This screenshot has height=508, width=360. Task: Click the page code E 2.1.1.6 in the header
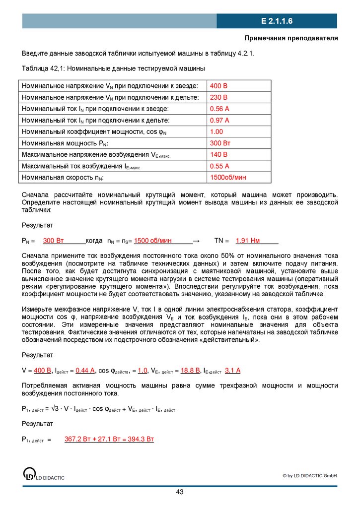(x=277, y=21)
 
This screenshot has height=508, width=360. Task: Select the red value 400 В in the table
(x=219, y=86)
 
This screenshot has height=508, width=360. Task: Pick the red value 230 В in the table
(x=219, y=97)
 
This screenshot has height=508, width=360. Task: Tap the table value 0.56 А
(x=219, y=109)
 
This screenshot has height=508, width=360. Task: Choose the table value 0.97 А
(x=219, y=120)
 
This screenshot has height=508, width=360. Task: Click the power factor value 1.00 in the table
(x=217, y=131)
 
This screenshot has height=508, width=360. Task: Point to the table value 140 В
(x=219, y=155)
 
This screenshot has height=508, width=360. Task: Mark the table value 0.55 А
(x=219, y=166)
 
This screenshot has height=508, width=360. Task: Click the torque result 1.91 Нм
(x=248, y=241)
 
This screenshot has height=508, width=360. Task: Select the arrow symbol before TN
(x=196, y=241)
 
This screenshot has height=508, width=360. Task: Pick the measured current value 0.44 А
(x=85, y=370)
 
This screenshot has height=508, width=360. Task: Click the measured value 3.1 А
(x=232, y=370)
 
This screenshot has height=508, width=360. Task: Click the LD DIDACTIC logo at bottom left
(x=44, y=474)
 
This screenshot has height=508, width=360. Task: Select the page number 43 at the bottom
(x=180, y=492)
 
